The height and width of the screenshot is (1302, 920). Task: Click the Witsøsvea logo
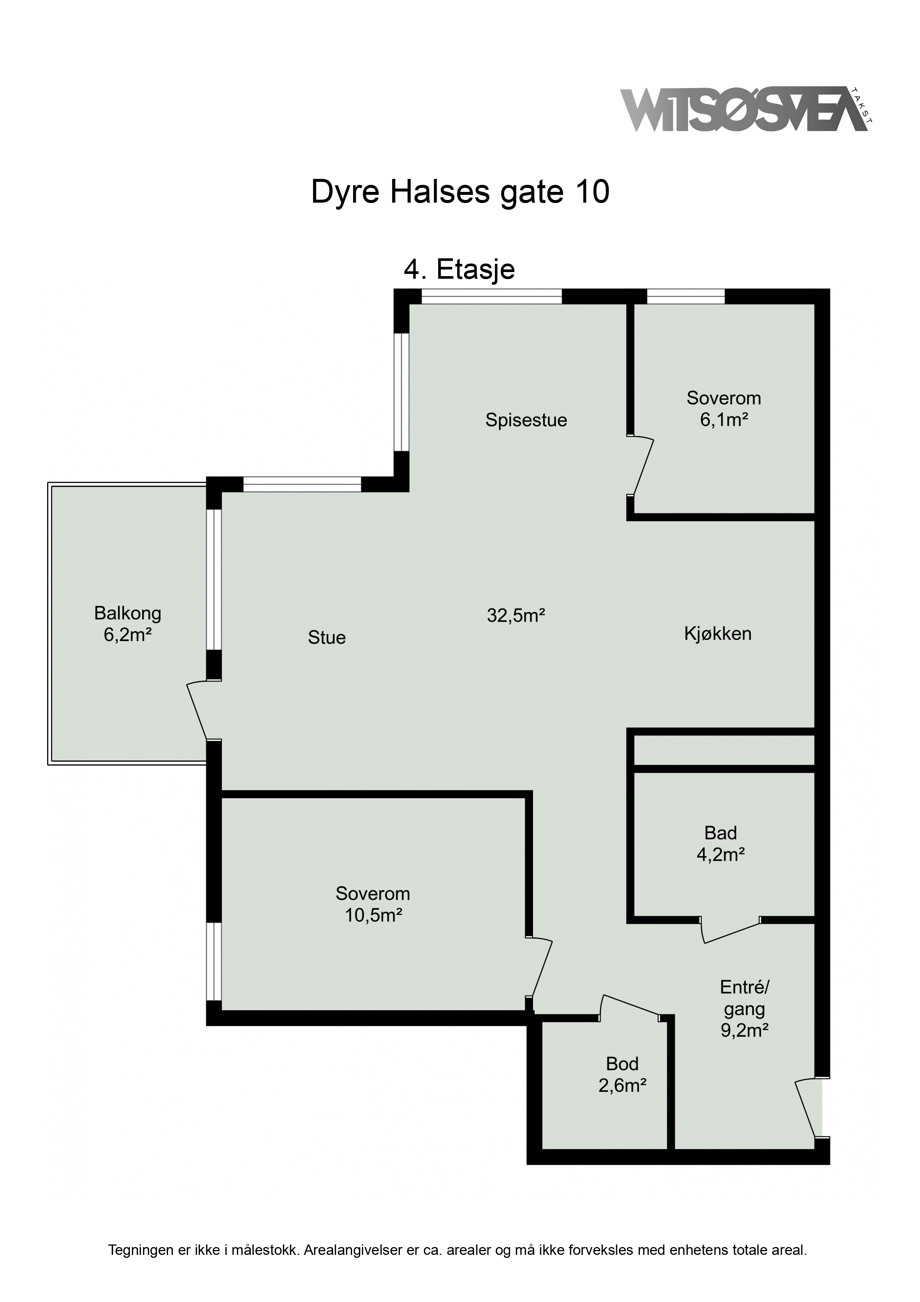click(x=746, y=109)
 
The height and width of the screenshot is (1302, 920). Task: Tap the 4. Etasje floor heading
click(x=459, y=269)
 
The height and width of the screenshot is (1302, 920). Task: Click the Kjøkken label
click(x=717, y=634)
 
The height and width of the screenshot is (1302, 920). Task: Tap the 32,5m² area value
click(x=516, y=615)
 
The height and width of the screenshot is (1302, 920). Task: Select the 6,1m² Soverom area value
click(x=724, y=420)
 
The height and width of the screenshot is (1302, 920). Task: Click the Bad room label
click(x=720, y=833)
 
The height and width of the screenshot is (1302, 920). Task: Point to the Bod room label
click(x=622, y=1064)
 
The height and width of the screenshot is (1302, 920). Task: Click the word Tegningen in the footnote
click(x=141, y=1234)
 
